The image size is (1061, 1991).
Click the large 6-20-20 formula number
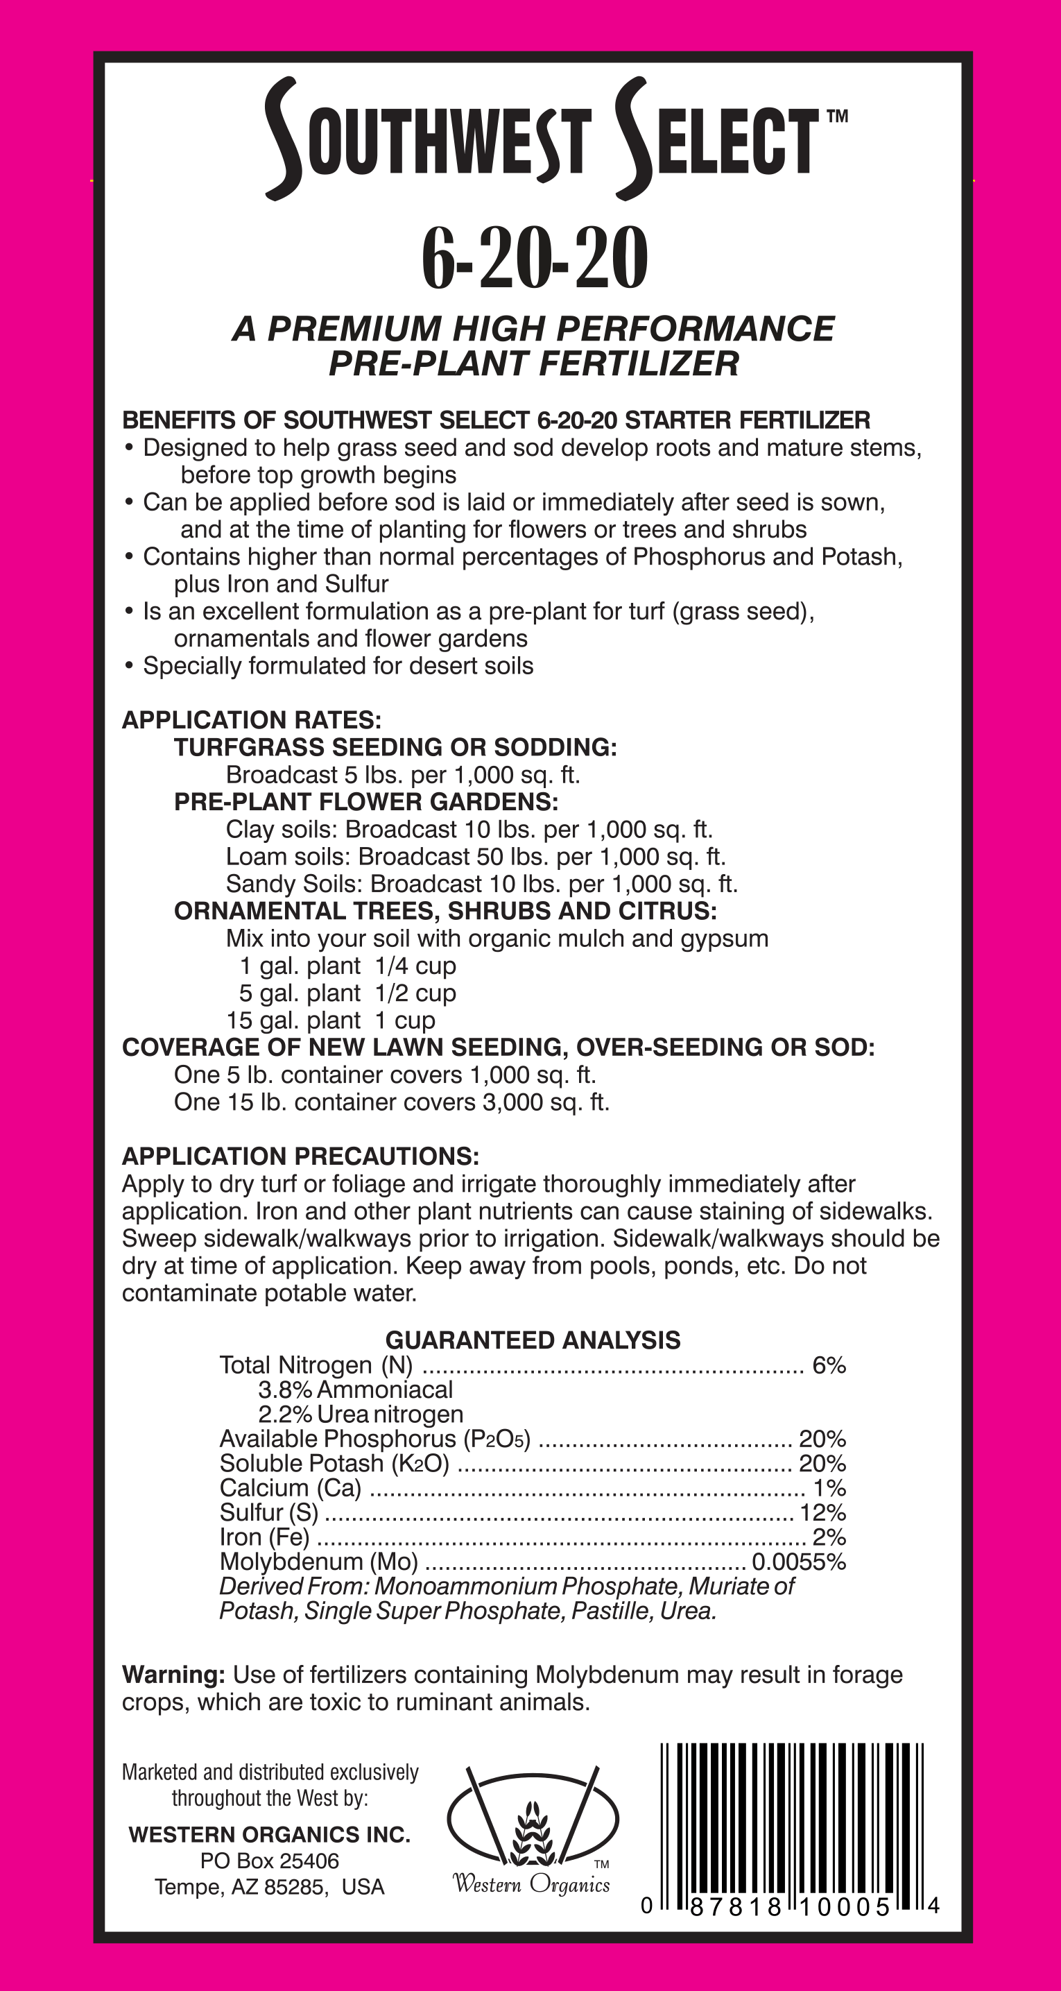point(534,260)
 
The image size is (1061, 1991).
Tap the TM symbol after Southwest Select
point(837,117)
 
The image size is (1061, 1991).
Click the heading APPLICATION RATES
point(251,720)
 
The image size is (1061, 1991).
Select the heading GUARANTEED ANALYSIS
point(533,1340)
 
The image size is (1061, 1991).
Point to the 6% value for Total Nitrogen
point(829,1366)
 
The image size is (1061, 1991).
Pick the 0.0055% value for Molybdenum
point(798,1562)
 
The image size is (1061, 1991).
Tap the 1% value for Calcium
point(829,1488)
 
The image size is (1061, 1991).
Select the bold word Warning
point(173,1675)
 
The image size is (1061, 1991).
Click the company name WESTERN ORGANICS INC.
point(270,1835)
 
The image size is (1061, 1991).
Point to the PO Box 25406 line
point(270,1861)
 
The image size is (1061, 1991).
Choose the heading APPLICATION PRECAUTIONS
point(300,1157)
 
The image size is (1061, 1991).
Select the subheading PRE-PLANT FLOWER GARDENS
point(365,802)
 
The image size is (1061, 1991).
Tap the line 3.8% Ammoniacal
point(356,1390)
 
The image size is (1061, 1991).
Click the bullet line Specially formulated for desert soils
point(338,666)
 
